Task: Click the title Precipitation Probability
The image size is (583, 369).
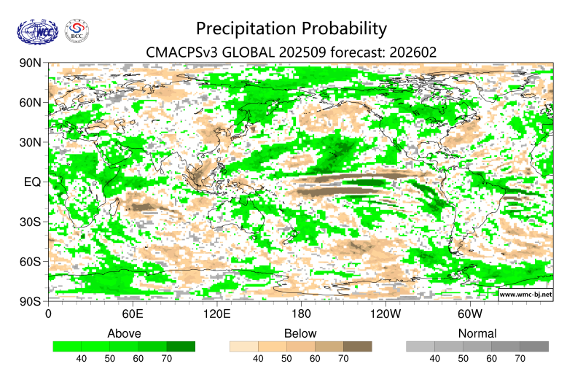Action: (291, 28)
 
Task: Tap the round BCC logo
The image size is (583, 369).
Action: (77, 31)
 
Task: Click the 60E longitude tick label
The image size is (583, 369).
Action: (132, 314)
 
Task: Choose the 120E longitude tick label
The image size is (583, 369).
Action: (216, 314)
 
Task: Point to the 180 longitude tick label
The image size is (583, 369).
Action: (300, 314)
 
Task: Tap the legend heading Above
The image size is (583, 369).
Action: (124, 333)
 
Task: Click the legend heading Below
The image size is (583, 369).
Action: (300, 333)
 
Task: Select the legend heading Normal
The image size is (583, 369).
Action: (477, 333)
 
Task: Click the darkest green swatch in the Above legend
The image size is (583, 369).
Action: (181, 346)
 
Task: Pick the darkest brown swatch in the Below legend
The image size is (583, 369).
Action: (357, 346)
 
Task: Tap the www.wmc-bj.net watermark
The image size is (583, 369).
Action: (525, 294)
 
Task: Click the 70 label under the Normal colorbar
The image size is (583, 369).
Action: (520, 359)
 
